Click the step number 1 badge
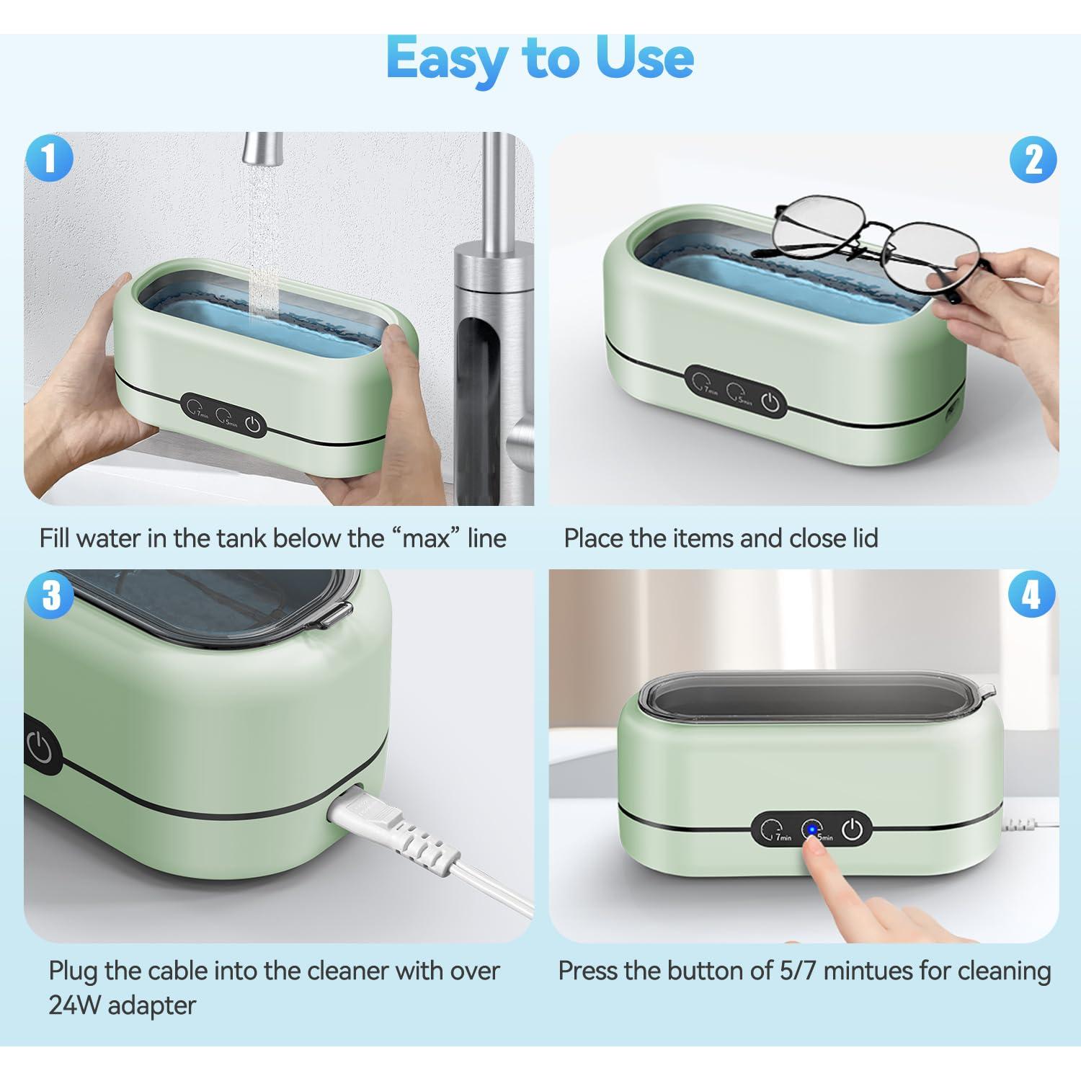(49, 159)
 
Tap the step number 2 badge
(1033, 159)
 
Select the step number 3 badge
(50, 595)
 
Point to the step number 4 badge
(1031, 595)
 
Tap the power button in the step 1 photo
(252, 424)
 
